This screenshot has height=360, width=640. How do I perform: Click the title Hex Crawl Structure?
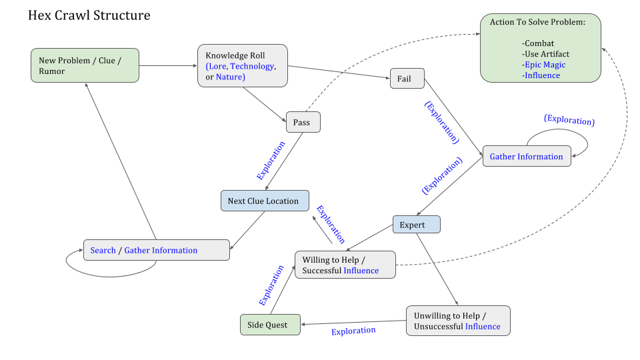pyautogui.click(x=89, y=15)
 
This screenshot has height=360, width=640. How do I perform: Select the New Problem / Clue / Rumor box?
pyautogui.click(x=85, y=65)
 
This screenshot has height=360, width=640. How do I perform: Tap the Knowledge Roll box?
pyautogui.click(x=243, y=65)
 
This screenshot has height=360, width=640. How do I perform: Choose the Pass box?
pyautogui.click(x=303, y=122)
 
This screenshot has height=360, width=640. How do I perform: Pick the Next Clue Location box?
pyautogui.click(x=265, y=201)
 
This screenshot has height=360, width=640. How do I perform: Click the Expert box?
pyautogui.click(x=416, y=225)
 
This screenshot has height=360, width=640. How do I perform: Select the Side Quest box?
pyautogui.click(x=270, y=325)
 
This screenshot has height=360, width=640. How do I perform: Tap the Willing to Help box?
pyautogui.click(x=345, y=265)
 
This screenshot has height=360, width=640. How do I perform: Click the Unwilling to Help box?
pyautogui.click(x=457, y=321)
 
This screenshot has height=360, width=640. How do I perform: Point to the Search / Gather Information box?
pyautogui.click(x=156, y=250)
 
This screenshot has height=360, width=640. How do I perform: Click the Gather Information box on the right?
pyautogui.click(x=526, y=157)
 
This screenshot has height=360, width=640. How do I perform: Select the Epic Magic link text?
pyautogui.click(x=544, y=65)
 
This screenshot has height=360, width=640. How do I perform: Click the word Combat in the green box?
pyautogui.click(x=539, y=43)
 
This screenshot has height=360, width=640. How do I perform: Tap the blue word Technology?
pyautogui.click(x=252, y=67)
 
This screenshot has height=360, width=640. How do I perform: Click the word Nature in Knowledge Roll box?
pyautogui.click(x=230, y=77)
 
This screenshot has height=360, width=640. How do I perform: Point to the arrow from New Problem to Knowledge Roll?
pyautogui.click(x=168, y=65)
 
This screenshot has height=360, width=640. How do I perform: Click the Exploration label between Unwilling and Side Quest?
pyautogui.click(x=353, y=331)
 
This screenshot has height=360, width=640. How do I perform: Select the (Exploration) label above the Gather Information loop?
pyautogui.click(x=569, y=121)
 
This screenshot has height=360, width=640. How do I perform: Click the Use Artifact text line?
pyautogui.click(x=547, y=54)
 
